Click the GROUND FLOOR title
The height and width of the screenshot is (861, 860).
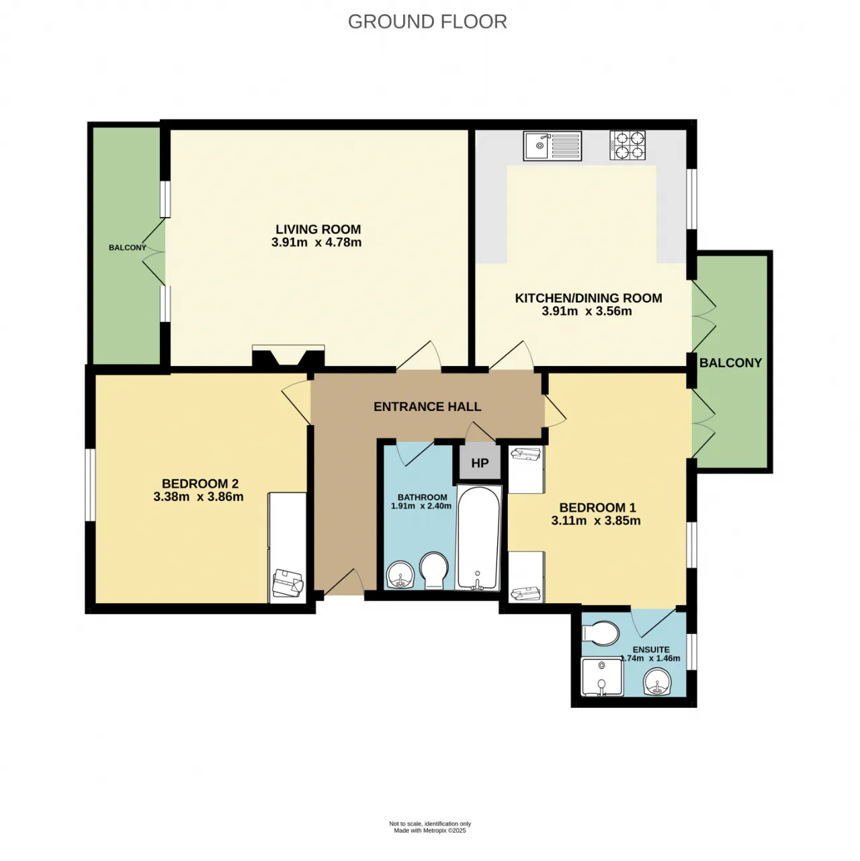pyautogui.click(x=427, y=22)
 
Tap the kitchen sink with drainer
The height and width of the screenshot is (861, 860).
pyautogui.click(x=552, y=145)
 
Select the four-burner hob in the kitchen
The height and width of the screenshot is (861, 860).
pyautogui.click(x=628, y=145)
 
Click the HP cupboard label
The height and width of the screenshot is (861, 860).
pyautogui.click(x=480, y=463)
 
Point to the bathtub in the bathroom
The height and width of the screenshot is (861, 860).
pyautogui.click(x=478, y=538)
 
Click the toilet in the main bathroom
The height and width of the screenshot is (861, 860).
pyautogui.click(x=434, y=571)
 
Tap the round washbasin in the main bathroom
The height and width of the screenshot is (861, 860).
pyautogui.click(x=400, y=575)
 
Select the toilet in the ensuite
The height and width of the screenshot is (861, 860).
pyautogui.click(x=600, y=633)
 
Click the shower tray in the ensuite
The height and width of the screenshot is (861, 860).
pyautogui.click(x=601, y=676)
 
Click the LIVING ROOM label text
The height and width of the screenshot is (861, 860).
pyautogui.click(x=318, y=229)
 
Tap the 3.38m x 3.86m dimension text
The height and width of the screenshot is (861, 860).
pyautogui.click(x=198, y=496)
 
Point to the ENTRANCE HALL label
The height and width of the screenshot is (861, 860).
pyautogui.click(x=427, y=406)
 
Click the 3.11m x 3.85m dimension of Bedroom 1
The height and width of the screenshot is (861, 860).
pyautogui.click(x=596, y=520)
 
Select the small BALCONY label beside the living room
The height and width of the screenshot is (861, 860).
pyautogui.click(x=128, y=248)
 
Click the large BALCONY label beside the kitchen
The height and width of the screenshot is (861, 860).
pyautogui.click(x=730, y=363)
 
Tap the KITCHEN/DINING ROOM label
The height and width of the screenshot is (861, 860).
pyautogui.click(x=589, y=298)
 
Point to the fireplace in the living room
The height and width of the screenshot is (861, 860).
pyautogui.click(x=288, y=356)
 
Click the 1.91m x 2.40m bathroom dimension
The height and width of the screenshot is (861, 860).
pyautogui.click(x=421, y=506)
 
